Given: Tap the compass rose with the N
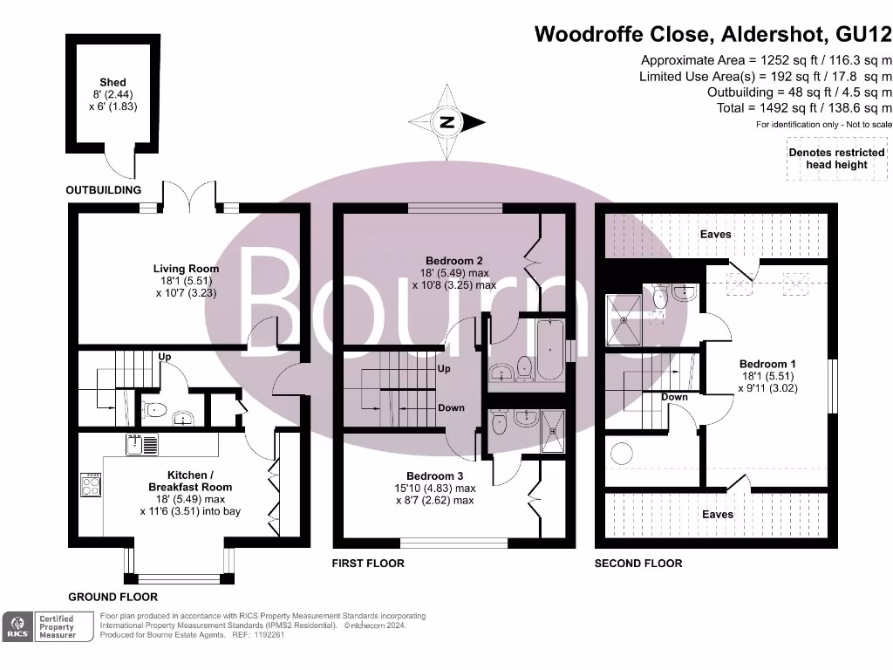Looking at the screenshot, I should click(x=447, y=123).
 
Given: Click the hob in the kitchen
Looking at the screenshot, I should click(x=91, y=485).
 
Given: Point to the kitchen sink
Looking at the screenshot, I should click(x=141, y=445).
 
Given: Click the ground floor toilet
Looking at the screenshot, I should click(x=154, y=410).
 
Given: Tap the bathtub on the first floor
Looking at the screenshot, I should click(x=549, y=349).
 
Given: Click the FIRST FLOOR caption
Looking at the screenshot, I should click(x=368, y=564).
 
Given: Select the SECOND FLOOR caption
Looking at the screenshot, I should click(x=638, y=564).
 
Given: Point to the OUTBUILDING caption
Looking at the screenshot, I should click(x=103, y=190).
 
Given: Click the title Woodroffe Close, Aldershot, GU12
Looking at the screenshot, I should click(x=712, y=34).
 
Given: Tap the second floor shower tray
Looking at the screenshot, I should click(x=624, y=319).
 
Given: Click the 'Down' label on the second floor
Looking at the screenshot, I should click(x=674, y=397).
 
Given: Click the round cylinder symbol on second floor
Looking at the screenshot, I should click(x=622, y=454).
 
